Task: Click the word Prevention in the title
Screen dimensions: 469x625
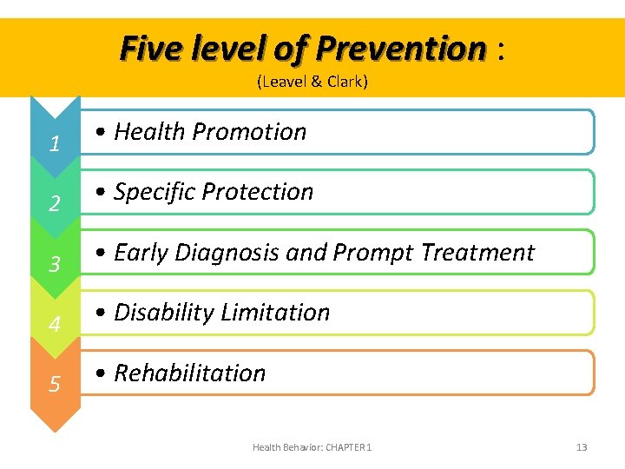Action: [x=401, y=48]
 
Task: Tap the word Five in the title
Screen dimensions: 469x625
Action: [x=148, y=48]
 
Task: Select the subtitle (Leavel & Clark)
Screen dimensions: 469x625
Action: [x=312, y=82]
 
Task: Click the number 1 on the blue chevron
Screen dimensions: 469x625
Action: [x=54, y=144]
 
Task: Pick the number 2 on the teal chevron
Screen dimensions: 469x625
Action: [x=54, y=204]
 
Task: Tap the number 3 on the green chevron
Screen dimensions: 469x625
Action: [x=54, y=264]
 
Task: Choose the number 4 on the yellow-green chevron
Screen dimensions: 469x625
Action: [x=54, y=325]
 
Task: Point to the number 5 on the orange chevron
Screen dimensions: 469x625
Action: [x=54, y=384]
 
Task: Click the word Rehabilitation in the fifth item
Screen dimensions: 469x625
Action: [x=190, y=373]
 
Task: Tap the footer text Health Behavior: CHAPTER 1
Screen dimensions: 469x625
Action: [x=312, y=447]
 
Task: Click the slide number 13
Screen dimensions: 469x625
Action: [x=582, y=447]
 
